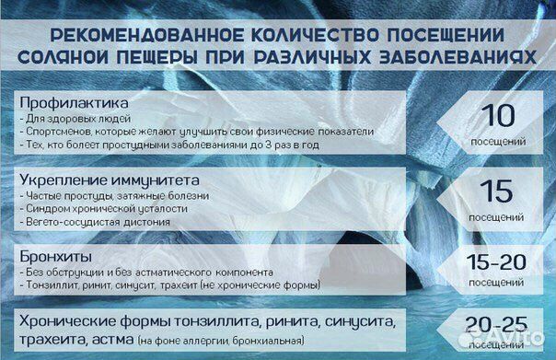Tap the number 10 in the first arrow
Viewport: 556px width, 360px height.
(498, 116)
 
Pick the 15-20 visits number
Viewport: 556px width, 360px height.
(498, 261)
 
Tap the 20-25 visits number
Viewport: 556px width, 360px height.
(498, 325)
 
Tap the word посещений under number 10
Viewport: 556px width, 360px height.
(498, 142)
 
